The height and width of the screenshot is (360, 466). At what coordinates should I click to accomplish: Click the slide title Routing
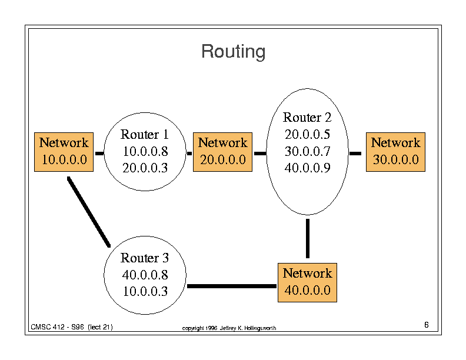(234, 52)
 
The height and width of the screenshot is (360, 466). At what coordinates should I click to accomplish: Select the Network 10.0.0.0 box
(64, 152)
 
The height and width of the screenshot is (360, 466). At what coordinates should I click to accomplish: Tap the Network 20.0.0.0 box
(222, 152)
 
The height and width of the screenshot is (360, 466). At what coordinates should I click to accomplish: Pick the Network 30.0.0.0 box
(395, 152)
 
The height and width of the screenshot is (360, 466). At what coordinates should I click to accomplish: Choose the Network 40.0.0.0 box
(307, 282)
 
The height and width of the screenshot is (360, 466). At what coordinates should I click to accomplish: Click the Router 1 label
(144, 134)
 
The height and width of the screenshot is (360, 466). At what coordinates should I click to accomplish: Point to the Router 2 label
(307, 117)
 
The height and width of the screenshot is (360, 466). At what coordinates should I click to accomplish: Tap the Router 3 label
(144, 258)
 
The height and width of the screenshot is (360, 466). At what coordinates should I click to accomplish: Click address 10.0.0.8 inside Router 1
(145, 151)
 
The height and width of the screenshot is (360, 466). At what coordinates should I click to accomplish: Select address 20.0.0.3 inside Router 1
(145, 168)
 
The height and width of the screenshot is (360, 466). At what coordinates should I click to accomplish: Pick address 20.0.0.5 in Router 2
(307, 134)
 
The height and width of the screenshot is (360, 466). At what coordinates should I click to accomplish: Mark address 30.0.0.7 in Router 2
(307, 151)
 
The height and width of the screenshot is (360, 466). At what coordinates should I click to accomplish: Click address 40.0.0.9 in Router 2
(307, 168)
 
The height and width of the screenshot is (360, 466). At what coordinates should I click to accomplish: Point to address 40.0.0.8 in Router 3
(145, 275)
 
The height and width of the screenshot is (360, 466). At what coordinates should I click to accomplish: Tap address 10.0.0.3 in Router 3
(145, 291)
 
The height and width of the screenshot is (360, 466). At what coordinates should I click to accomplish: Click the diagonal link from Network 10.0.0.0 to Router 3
(89, 212)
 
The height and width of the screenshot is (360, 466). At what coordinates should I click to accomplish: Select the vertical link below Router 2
(308, 238)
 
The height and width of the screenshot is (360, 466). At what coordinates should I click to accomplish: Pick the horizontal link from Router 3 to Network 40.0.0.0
(232, 286)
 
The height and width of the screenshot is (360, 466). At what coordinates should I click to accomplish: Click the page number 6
(427, 325)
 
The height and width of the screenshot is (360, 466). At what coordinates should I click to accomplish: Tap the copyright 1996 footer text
(229, 328)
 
